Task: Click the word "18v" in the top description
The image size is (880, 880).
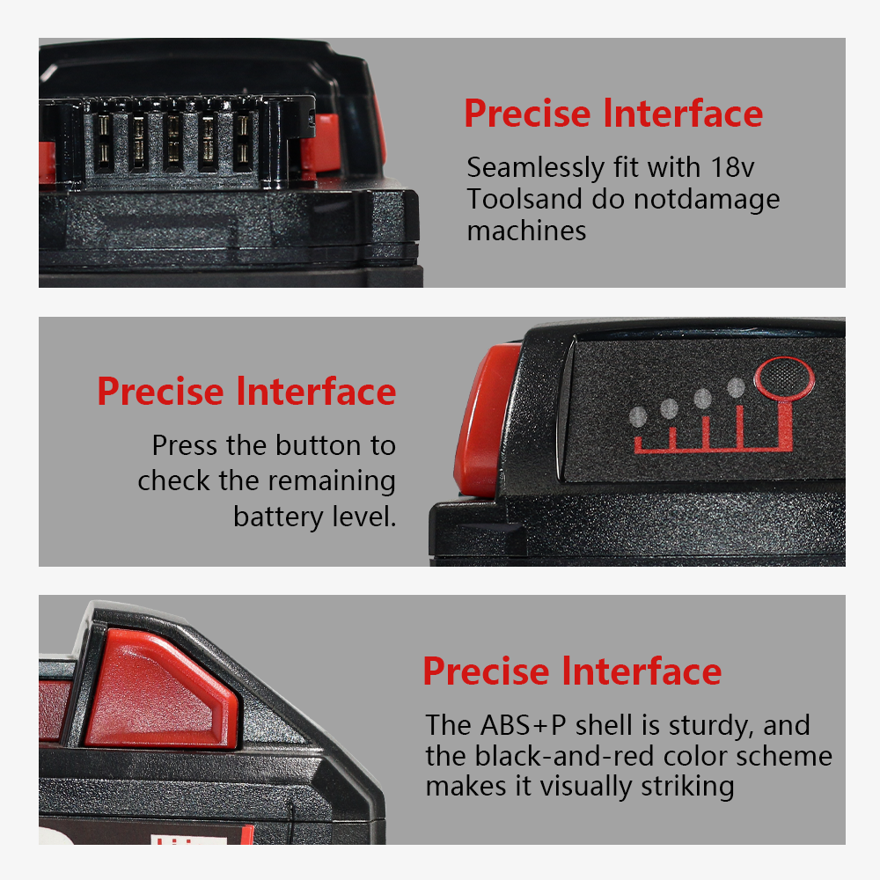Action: tap(732, 167)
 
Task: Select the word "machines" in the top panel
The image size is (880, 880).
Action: tap(526, 231)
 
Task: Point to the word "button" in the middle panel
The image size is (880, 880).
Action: tap(319, 445)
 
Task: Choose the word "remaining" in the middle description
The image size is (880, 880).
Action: tap(332, 482)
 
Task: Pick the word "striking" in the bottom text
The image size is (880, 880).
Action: tap(687, 787)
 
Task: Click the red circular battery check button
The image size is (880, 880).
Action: tap(784, 378)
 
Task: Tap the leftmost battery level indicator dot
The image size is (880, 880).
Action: tap(638, 417)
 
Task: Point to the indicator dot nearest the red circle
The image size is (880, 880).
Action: tap(736, 387)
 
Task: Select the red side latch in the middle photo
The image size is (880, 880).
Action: tap(486, 420)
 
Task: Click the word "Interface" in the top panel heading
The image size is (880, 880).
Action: tap(683, 114)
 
